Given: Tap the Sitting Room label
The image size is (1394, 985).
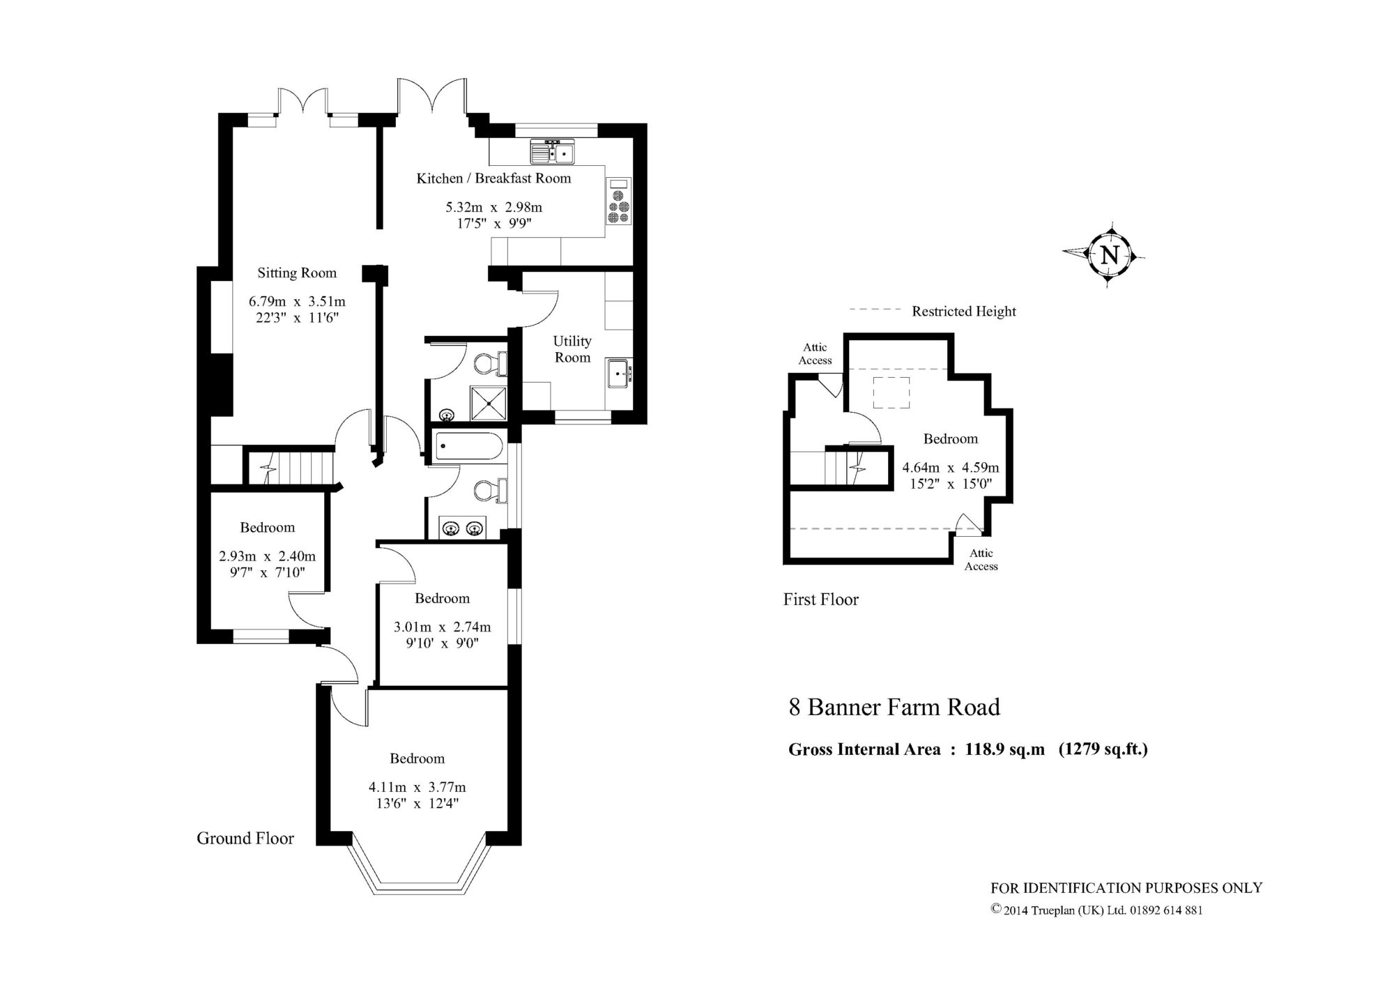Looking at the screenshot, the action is (x=297, y=273).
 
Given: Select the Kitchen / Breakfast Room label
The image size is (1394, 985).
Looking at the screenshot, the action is (x=493, y=178).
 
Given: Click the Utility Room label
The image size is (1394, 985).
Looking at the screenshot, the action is (x=572, y=349).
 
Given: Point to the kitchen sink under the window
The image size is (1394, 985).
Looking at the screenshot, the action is (x=551, y=151).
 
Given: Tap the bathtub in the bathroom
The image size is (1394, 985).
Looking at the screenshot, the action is (x=468, y=446).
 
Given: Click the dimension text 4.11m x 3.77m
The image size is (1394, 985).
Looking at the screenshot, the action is (x=418, y=787).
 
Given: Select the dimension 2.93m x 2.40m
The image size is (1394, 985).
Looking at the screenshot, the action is (x=268, y=556).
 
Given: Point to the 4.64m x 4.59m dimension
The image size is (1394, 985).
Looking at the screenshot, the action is (x=951, y=468).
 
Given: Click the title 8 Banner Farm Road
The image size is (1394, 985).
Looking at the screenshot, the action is (x=894, y=708).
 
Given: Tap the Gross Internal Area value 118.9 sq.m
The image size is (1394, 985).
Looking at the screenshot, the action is (x=1005, y=749).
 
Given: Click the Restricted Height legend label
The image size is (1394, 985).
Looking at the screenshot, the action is (x=964, y=312).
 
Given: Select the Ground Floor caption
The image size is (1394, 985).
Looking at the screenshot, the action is (x=245, y=838).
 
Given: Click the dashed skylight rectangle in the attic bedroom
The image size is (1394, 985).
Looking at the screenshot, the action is (x=892, y=392).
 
